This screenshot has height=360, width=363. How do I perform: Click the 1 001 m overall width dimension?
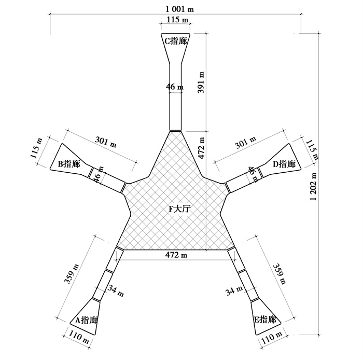pyautogui.click(x=179, y=9)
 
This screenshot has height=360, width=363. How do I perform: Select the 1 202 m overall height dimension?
pyautogui.click(x=314, y=187)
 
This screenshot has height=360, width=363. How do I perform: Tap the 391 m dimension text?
pyautogui.click(x=201, y=82)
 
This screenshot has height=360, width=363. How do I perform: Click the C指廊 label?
pyautogui.click(x=176, y=41)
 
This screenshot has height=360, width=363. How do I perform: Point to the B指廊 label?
pyautogui.click(x=69, y=164)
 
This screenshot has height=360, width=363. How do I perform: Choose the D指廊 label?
pyautogui.click(x=284, y=164)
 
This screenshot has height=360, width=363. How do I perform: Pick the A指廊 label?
pyautogui.click(x=87, y=320)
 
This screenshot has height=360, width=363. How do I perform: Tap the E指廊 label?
pyautogui.click(x=266, y=320)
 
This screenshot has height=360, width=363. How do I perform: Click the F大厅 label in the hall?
pyautogui.click(x=179, y=209)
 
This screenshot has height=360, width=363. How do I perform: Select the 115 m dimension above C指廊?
pyautogui.click(x=177, y=19)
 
